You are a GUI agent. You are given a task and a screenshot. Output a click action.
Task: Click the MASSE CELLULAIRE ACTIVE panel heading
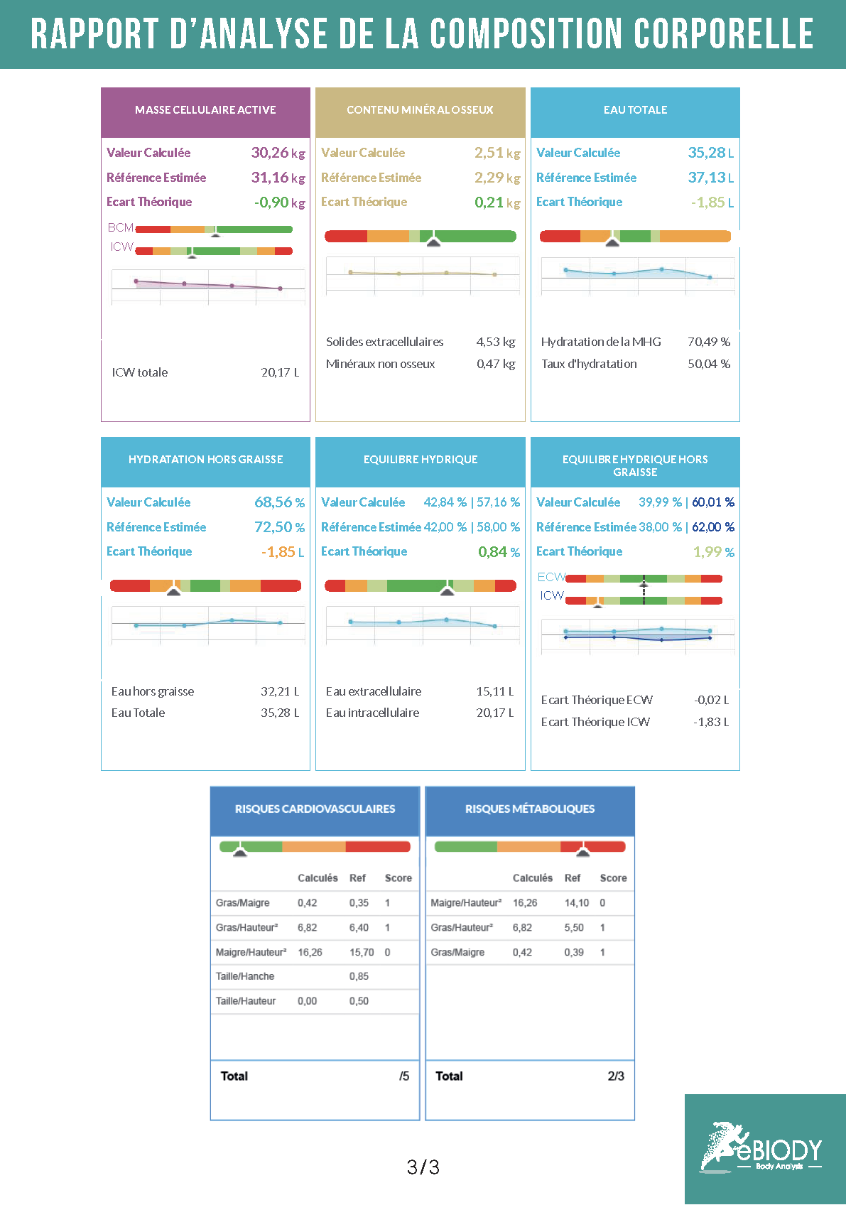[205, 110]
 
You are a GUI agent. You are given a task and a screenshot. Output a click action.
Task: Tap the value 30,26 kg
[278, 153]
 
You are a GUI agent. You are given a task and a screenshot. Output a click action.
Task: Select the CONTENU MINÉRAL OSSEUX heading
[420, 110]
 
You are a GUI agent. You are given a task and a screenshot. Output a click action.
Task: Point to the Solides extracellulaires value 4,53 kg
[496, 342]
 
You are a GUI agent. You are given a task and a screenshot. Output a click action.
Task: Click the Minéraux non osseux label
[380, 364]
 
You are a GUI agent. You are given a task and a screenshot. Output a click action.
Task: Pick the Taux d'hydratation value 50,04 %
[709, 364]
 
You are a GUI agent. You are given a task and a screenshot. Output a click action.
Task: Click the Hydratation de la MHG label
[601, 342]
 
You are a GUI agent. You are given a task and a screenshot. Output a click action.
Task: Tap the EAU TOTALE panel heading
[635, 110]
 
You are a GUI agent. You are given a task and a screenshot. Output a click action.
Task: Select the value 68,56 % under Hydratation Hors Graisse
[279, 502]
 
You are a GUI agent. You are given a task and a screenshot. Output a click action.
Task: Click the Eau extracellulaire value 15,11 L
[495, 691]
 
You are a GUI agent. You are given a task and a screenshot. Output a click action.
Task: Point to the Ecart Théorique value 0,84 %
[499, 552]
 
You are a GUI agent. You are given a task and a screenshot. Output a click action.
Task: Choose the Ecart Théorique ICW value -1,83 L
[711, 722]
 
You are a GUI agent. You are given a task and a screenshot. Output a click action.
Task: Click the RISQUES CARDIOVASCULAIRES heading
[315, 809]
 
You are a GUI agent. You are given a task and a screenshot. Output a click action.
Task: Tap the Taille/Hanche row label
[245, 976]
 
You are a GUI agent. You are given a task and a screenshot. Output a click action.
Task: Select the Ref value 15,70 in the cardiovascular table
[362, 952]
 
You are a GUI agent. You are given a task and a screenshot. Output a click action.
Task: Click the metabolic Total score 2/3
[616, 1076]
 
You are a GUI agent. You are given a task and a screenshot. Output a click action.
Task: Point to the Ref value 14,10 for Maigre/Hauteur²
[577, 903]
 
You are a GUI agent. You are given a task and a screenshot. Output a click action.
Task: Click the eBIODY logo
[763, 1147]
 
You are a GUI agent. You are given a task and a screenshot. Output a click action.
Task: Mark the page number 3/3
[423, 1167]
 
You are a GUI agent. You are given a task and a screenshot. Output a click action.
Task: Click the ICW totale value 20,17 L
[280, 372]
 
